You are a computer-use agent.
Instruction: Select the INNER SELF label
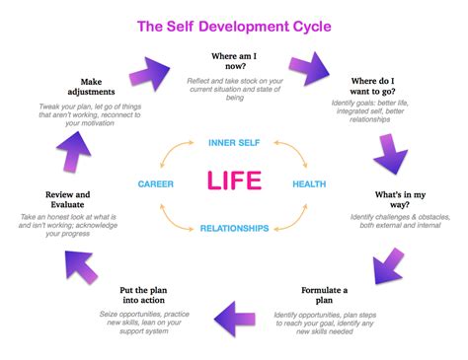point(234,143)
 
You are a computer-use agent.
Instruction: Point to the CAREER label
point(156,183)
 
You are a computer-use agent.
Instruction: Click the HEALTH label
point(309,183)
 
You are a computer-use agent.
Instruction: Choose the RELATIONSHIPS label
point(234,228)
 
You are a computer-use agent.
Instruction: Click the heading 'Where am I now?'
point(237,63)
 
